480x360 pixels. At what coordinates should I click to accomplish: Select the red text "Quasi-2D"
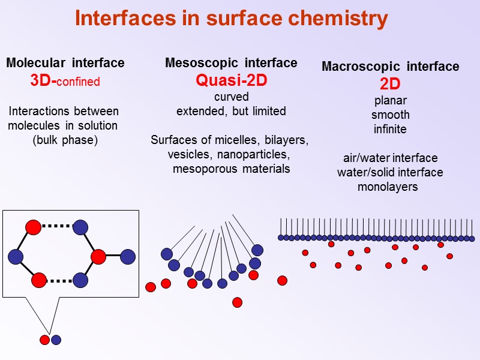pos(231,80)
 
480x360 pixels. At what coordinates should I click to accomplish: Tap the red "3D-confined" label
pos(65,81)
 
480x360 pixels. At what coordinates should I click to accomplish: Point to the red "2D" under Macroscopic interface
pos(390,84)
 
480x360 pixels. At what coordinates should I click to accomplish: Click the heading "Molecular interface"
pos(65,63)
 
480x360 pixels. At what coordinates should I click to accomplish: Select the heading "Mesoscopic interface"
pos(231,63)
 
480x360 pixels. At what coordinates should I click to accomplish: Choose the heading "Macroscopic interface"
pos(390,67)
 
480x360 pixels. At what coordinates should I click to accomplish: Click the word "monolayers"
pos(388,187)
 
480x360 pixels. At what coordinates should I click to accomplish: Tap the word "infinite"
pos(390,129)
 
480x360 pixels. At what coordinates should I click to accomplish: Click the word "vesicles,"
pos(189,155)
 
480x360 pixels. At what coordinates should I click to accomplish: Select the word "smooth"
pos(390,115)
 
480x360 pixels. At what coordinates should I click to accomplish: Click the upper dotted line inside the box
pos(57,226)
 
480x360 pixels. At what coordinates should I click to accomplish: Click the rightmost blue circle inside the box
pos(128,257)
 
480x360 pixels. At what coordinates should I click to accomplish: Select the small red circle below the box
pos(44,340)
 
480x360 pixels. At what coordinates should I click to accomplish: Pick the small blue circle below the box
pos(56,340)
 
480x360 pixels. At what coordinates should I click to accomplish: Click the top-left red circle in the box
pos(33,227)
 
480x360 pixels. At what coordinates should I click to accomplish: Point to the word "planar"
pos(390,100)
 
